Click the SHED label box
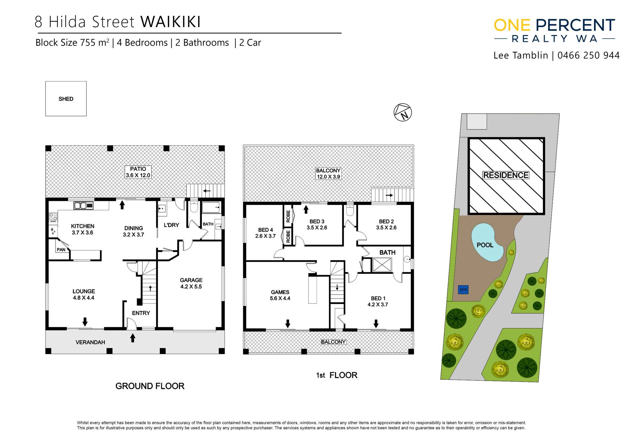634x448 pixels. pos(66,99)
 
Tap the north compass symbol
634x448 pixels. pos(403,112)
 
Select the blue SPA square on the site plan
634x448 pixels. pos(463,290)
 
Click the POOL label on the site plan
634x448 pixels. pos(485,245)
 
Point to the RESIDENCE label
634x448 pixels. pos(506,175)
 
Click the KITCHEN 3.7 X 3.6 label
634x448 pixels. pos(83,229)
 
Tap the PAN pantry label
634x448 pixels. pos(61,250)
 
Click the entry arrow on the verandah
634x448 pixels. pos(133,338)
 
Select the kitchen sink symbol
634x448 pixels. pos(83,206)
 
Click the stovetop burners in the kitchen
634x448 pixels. pos(53,217)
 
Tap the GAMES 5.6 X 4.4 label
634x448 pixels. pos(280,295)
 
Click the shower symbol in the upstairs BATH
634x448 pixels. pos(382,265)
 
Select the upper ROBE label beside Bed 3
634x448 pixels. pos(288,216)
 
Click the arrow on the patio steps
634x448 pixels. pos(207,191)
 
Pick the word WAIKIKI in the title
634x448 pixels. pos(171,22)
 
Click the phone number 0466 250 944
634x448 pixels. pos(588,55)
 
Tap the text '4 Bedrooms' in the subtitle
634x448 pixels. pos(142,43)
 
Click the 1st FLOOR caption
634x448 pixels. pos(336,375)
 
